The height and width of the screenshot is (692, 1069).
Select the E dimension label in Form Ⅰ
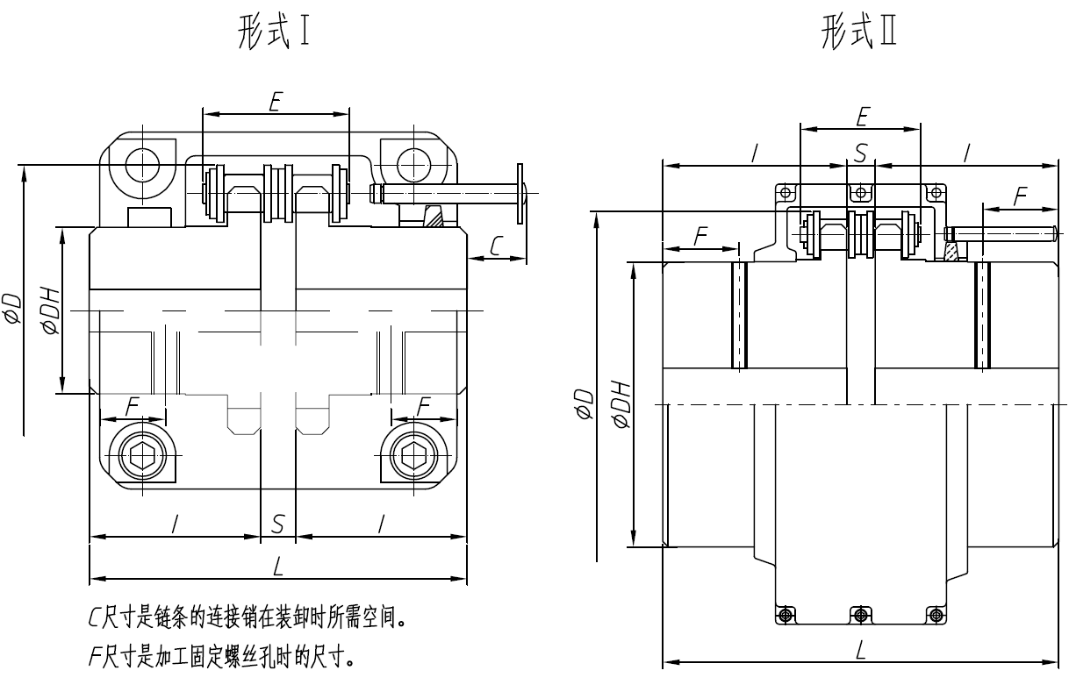pos(275,103)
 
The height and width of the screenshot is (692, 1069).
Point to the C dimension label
pos(497,246)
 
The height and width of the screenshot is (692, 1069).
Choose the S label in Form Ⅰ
pos(278,524)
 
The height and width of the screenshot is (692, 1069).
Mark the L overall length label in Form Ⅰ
pos(278,567)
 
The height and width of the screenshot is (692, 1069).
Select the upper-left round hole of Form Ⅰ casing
pos(139,163)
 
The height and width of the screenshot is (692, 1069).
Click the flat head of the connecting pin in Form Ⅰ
pos(522,192)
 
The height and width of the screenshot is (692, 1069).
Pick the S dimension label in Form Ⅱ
pos(861,154)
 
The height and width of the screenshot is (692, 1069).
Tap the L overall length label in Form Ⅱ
pos(861,650)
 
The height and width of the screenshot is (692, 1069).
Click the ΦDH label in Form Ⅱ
pos(622,404)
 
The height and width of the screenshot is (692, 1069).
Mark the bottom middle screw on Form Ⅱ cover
pos(861,613)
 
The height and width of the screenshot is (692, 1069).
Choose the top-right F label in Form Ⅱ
pos(1020,197)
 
